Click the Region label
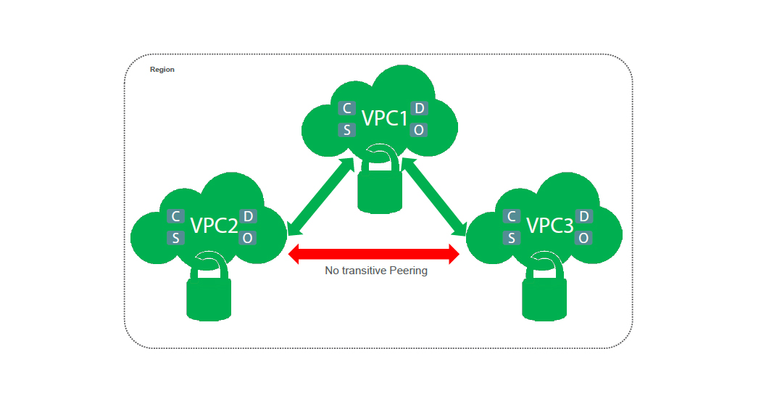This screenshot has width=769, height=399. [162, 70]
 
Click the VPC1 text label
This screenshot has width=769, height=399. [385, 118]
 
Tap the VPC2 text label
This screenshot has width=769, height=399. [214, 226]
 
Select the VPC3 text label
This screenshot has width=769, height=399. [549, 226]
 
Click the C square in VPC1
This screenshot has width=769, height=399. [347, 109]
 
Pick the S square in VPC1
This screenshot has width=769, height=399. [347, 130]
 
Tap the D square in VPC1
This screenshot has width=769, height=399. [419, 109]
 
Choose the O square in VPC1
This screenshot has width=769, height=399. [419, 130]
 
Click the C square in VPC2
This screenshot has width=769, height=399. [175, 216]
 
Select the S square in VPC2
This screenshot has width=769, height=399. [175, 238]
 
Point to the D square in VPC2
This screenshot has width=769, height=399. [248, 216]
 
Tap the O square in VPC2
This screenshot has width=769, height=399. [248, 238]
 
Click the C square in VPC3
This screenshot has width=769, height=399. [512, 216]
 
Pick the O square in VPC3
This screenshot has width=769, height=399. [584, 238]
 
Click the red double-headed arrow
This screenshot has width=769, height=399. [374, 254]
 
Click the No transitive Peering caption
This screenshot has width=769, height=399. [376, 271]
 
